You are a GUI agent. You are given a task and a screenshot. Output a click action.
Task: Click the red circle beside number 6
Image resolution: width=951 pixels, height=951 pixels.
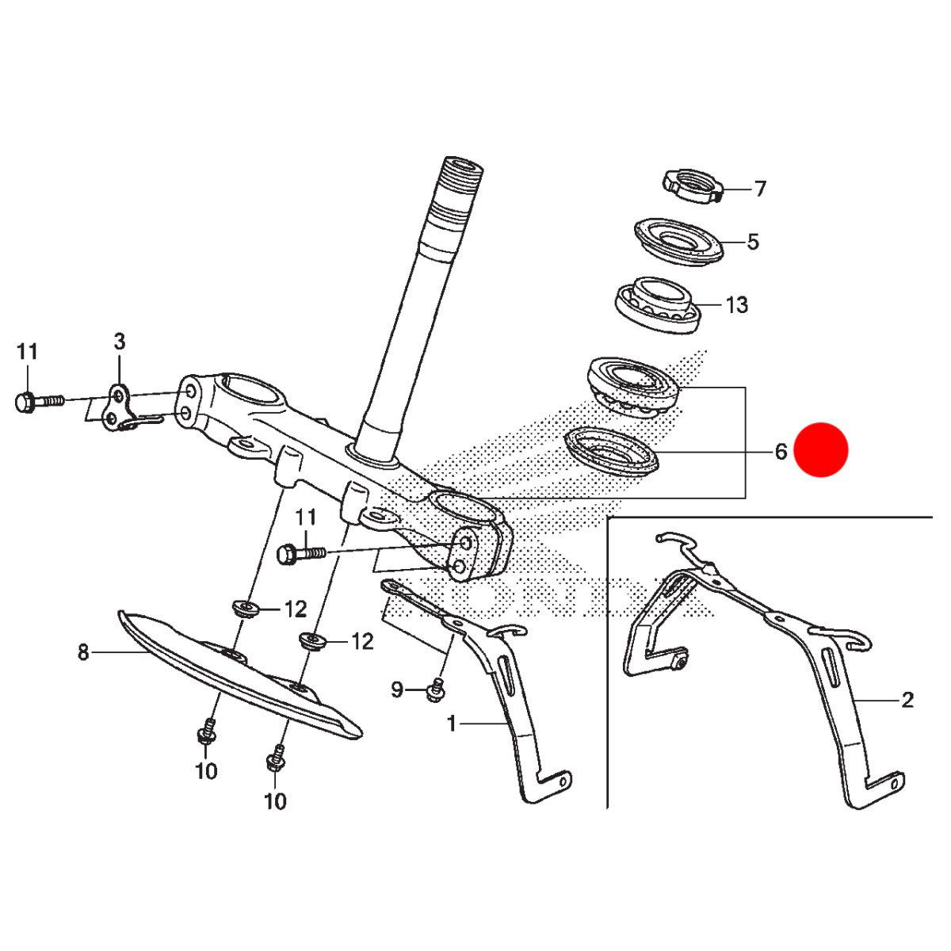[x=821, y=449]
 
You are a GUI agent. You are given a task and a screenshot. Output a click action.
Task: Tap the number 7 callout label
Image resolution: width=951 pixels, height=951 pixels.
[x=759, y=189]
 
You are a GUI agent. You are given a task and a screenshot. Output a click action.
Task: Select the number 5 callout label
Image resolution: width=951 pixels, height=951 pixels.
[x=752, y=243]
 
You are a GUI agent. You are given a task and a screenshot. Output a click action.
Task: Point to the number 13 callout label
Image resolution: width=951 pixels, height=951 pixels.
[x=737, y=304]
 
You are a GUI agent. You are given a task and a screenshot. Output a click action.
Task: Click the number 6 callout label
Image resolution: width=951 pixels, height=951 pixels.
[x=781, y=452]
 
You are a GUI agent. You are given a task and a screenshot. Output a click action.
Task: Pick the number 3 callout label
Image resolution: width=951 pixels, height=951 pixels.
[x=120, y=342]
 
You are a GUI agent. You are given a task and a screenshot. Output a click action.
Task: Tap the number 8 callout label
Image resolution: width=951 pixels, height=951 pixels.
[x=83, y=652]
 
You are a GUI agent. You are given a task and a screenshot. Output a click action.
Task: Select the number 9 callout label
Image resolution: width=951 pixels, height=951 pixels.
[x=397, y=689]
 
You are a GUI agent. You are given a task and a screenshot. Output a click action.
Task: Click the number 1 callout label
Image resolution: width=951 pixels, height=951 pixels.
[x=451, y=724]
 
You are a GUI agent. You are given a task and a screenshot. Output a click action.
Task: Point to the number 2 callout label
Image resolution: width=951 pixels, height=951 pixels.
[x=907, y=700]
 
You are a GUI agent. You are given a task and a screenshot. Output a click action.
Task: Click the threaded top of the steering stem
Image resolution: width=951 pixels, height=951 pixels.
[x=462, y=175]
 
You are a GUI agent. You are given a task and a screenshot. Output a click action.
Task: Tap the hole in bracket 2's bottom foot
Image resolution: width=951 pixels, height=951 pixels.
[x=894, y=784]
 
